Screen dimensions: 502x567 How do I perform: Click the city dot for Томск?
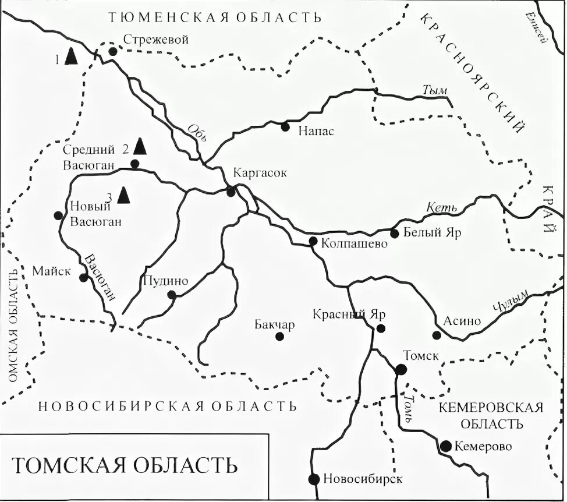point(401,369)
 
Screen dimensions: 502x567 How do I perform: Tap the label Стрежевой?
point(157,40)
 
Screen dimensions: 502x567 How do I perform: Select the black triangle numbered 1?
point(71,56)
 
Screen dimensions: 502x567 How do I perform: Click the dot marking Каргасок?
point(231,192)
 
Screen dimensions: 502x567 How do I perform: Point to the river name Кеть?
point(438,207)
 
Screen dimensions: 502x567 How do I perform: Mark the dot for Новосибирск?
point(314,479)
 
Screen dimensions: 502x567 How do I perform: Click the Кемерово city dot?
point(445,446)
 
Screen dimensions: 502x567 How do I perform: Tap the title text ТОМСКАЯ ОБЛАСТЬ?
point(125,466)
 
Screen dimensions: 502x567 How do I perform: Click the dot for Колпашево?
point(313,241)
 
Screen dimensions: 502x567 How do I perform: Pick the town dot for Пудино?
point(172,295)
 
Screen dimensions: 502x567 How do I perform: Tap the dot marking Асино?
point(437,335)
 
